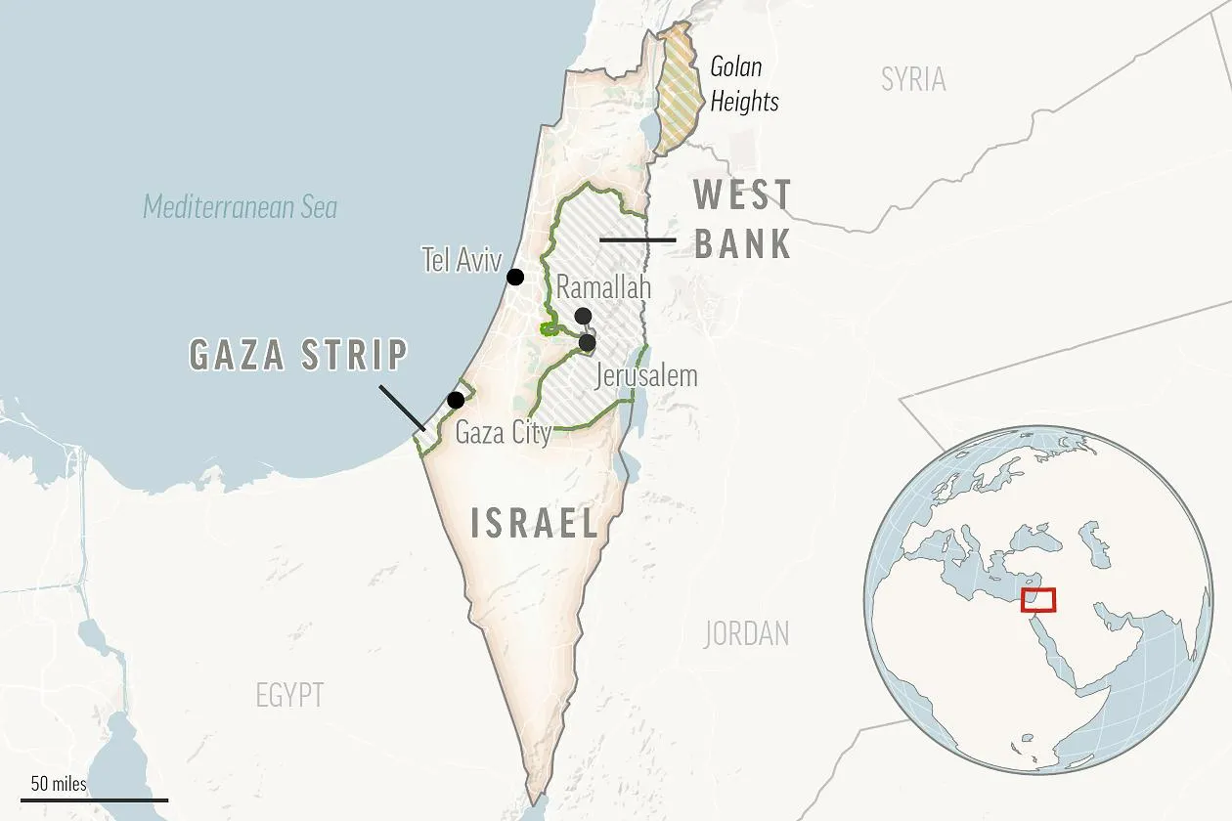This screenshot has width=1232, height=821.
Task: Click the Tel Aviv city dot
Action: pyautogui.click(x=515, y=277)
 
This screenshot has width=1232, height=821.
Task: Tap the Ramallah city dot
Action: pyautogui.click(x=583, y=315)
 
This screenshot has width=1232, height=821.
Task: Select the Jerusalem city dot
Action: pyautogui.click(x=587, y=343)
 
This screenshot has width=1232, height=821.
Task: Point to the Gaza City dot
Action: pyautogui.click(x=456, y=400)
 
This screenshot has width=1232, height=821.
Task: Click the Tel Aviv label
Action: pyautogui.click(x=462, y=260)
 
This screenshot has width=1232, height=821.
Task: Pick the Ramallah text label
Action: pyautogui.click(x=603, y=287)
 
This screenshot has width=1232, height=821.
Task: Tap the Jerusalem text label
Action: pyautogui.click(x=646, y=375)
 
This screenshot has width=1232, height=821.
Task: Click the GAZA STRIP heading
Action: pyautogui.click(x=298, y=355)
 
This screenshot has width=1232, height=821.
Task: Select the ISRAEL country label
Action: pyautogui.click(x=534, y=524)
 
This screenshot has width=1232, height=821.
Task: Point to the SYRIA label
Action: pyautogui.click(x=913, y=79)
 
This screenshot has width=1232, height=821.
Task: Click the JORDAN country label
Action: pyautogui.click(x=746, y=633)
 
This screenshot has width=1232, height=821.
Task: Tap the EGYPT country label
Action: pyautogui.click(x=289, y=695)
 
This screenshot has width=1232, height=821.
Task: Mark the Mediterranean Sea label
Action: pyautogui.click(x=241, y=207)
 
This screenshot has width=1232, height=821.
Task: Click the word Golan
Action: pyautogui.click(x=735, y=67)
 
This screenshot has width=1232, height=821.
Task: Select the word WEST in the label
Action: pyautogui.click(x=742, y=195)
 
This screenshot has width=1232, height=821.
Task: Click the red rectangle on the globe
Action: pyautogui.click(x=1037, y=600)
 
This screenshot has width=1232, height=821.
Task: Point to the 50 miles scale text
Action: pyautogui.click(x=59, y=784)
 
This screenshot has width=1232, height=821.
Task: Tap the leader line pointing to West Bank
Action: pyautogui.click(x=637, y=239)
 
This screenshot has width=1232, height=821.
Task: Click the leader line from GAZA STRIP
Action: pyautogui.click(x=401, y=408)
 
